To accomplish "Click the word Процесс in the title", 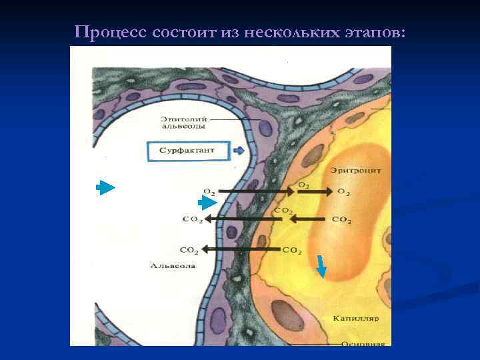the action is (103, 31).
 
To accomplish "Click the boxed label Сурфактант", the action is (187, 151).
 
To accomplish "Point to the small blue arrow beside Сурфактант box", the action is (239, 151).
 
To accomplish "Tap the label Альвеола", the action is (173, 265).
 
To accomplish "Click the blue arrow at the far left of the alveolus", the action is (105, 187).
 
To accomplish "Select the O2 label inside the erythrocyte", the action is (343, 192).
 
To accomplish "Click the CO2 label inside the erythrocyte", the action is (341, 219).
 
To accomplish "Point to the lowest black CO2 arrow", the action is (240, 249).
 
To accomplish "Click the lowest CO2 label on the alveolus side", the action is (189, 250).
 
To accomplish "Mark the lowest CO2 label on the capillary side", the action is (292, 251).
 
